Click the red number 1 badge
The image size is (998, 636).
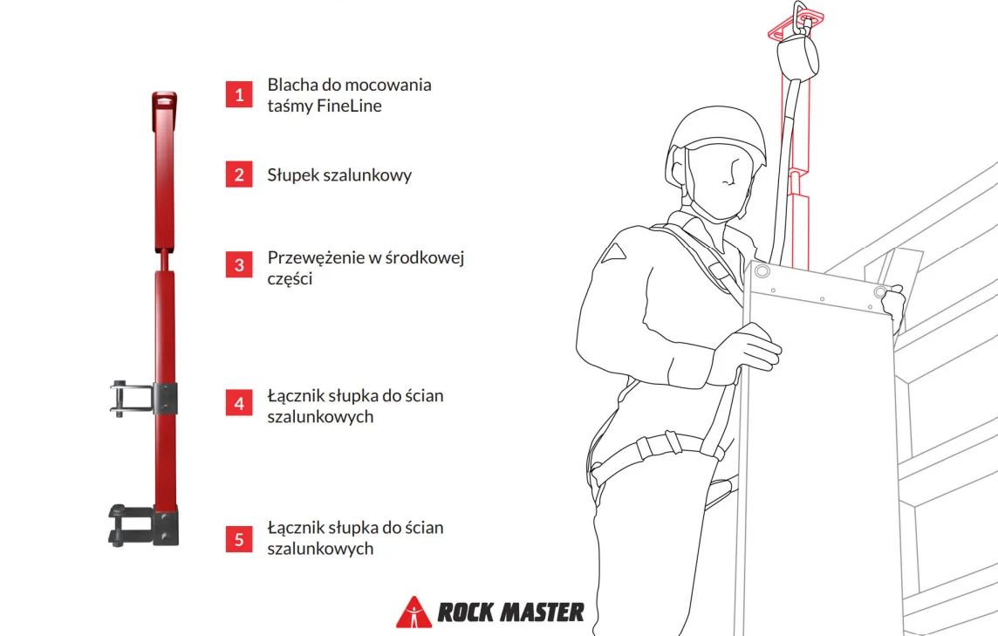[239, 94]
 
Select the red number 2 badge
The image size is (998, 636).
[239, 174]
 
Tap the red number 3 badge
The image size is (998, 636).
[239, 265]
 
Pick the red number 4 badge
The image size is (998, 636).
[239, 403]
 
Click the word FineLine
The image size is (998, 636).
[349, 106]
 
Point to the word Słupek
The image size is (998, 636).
[293, 175]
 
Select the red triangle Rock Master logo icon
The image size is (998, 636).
[414, 612]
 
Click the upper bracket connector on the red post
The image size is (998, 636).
[143, 399]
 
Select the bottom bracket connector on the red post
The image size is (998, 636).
[143, 525]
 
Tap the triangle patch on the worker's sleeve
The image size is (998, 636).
[612, 252]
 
